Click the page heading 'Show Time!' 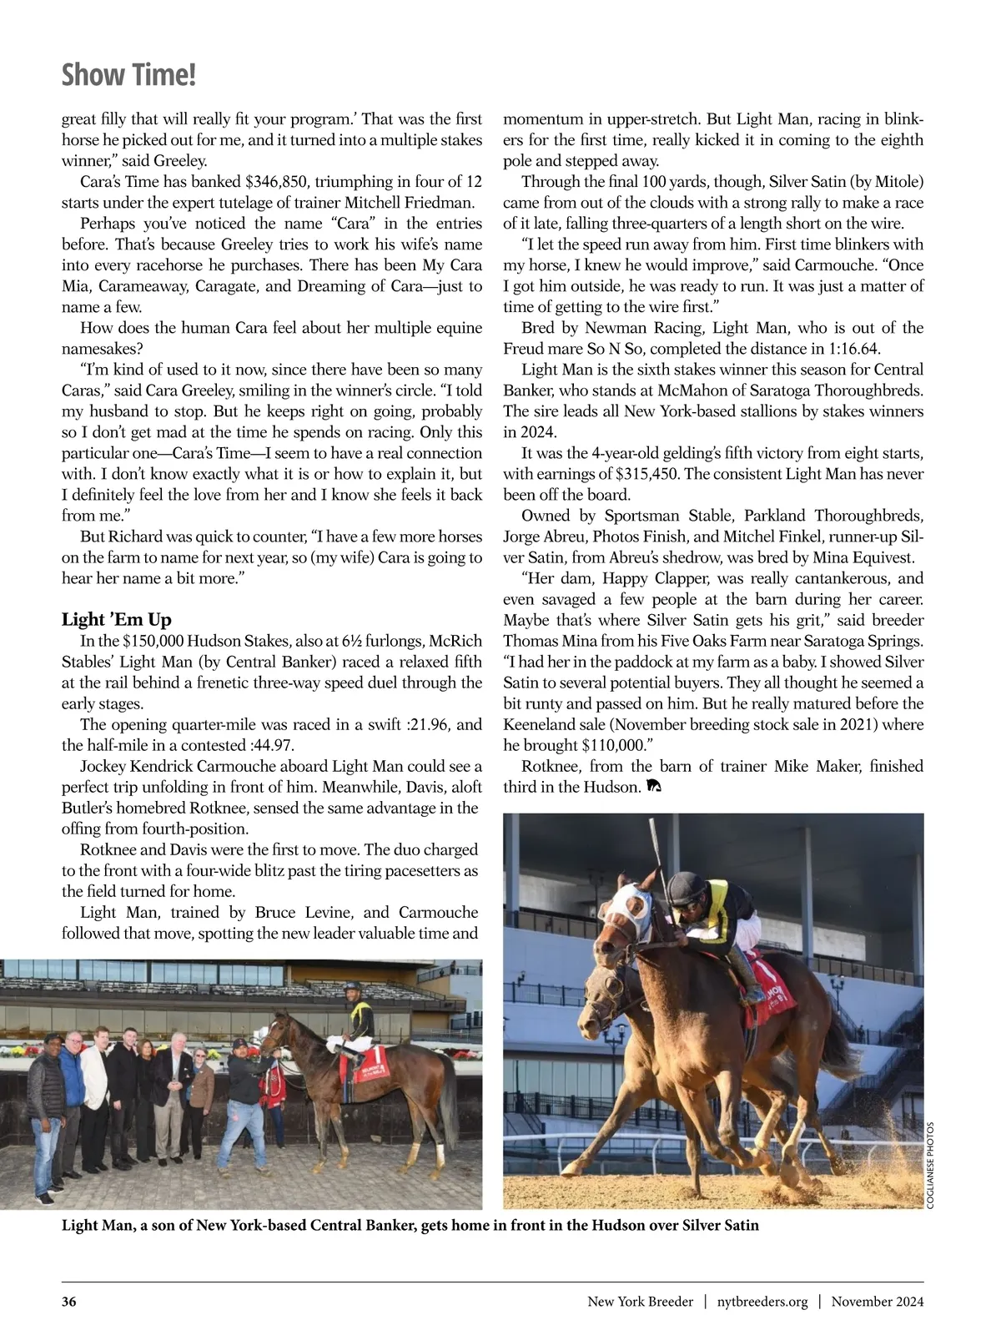(x=128, y=76)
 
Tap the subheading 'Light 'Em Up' (x=117, y=619)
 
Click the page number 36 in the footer (x=69, y=1302)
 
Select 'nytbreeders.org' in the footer (x=762, y=1302)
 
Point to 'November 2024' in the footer (x=877, y=1302)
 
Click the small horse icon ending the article (x=654, y=787)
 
